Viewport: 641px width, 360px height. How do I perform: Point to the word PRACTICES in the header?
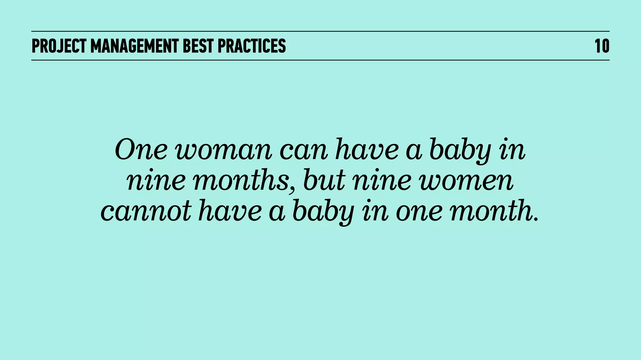[x=252, y=46]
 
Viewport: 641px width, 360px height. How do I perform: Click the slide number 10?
[x=602, y=46]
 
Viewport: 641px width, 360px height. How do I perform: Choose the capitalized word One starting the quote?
[x=141, y=150]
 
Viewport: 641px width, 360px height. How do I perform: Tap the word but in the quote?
[x=324, y=181]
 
